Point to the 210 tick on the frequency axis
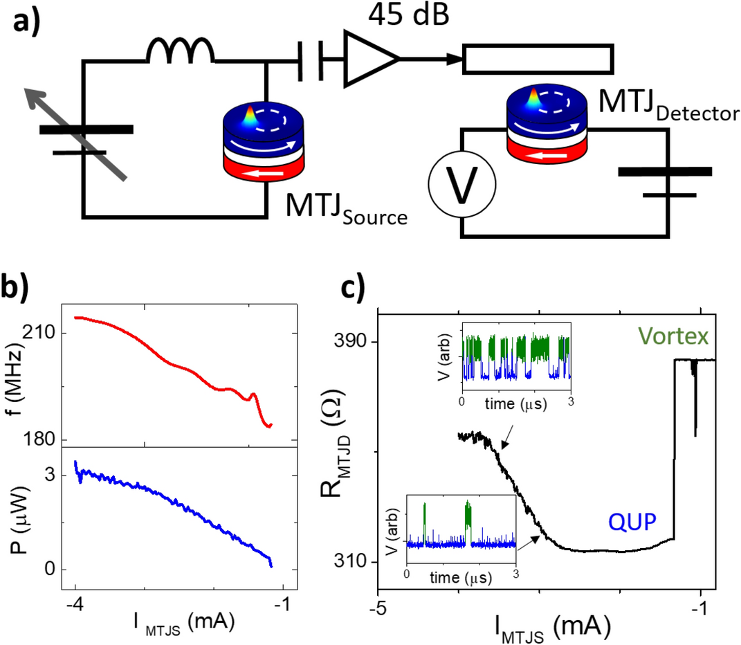click(39, 334)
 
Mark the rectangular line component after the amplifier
click(538, 60)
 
